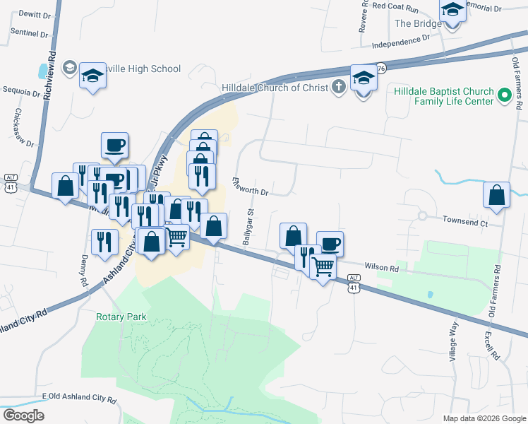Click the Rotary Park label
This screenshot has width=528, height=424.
click(x=121, y=317)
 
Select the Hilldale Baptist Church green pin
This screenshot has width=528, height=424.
click(x=505, y=94)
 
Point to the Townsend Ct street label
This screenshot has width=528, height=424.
click(x=465, y=222)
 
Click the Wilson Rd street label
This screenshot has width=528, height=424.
click(x=382, y=269)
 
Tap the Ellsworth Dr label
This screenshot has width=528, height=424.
click(x=251, y=187)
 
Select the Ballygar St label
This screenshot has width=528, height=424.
click(x=248, y=227)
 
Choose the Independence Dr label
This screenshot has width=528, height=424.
click(x=400, y=43)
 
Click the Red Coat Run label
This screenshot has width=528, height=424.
click(x=395, y=6)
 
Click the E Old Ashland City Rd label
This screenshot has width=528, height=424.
click(x=79, y=399)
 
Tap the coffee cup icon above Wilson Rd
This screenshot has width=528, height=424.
click(x=330, y=244)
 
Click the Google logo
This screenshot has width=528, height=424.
click(x=23, y=416)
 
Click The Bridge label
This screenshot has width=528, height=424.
click(x=418, y=23)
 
